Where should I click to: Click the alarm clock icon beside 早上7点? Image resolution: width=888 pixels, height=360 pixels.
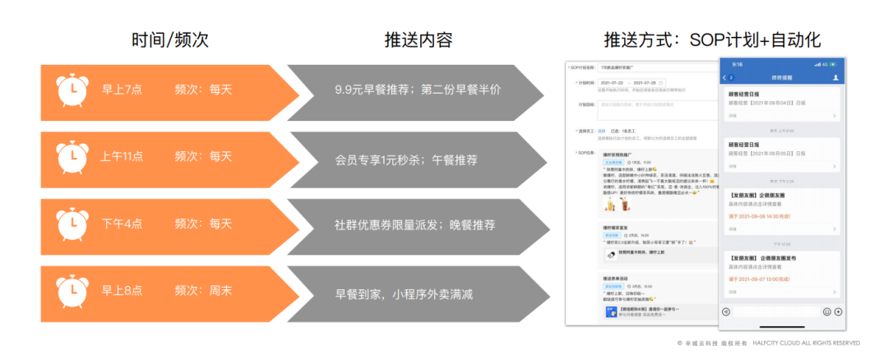coord(72,89)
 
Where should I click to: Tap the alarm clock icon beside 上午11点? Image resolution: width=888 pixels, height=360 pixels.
coord(72,156)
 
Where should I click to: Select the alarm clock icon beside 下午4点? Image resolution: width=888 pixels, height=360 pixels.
coord(72,224)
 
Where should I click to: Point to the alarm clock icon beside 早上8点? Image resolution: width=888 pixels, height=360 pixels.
coord(72,291)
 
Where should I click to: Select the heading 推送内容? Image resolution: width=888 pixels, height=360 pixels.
coord(419,40)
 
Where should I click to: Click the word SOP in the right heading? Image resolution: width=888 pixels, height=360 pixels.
coord(713,40)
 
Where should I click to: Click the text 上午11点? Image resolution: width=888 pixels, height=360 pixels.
coord(123,156)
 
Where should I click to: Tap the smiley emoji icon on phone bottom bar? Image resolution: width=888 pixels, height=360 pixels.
coord(826,312)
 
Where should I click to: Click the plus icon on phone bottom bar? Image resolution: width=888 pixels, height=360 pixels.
coord(838,312)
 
